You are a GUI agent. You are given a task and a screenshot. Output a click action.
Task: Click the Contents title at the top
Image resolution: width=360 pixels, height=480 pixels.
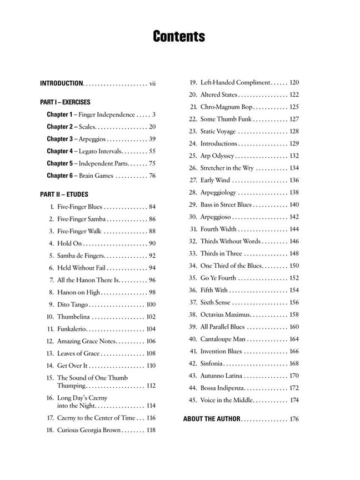(x=179, y=37)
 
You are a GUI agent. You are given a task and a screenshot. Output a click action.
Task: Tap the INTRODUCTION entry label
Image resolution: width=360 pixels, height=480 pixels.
(x=61, y=83)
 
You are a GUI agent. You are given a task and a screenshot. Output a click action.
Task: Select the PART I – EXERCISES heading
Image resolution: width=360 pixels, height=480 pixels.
(x=65, y=102)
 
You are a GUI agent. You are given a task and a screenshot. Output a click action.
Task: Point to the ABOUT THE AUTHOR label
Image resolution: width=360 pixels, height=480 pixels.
(x=212, y=419)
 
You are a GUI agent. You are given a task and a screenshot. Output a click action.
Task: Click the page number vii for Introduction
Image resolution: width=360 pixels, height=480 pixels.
(x=152, y=83)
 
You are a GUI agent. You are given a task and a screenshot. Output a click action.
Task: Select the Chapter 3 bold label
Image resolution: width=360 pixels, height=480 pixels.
(x=59, y=139)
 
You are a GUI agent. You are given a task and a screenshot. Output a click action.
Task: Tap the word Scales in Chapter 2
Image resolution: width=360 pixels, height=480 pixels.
(x=87, y=127)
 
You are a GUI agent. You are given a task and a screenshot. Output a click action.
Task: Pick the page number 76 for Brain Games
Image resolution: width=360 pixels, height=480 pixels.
(x=152, y=176)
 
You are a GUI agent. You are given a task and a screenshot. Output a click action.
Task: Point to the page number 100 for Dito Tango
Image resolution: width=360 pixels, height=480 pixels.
(x=151, y=304)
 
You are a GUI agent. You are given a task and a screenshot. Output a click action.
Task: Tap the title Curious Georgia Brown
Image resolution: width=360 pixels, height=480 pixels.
(x=89, y=430)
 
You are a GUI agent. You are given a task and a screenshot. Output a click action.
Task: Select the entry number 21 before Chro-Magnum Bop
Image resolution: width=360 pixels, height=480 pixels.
(x=193, y=107)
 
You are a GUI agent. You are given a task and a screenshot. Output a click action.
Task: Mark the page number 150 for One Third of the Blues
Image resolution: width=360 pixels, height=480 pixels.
(x=294, y=266)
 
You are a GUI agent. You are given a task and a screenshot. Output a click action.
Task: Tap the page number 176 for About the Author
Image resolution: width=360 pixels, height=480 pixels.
(x=294, y=419)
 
